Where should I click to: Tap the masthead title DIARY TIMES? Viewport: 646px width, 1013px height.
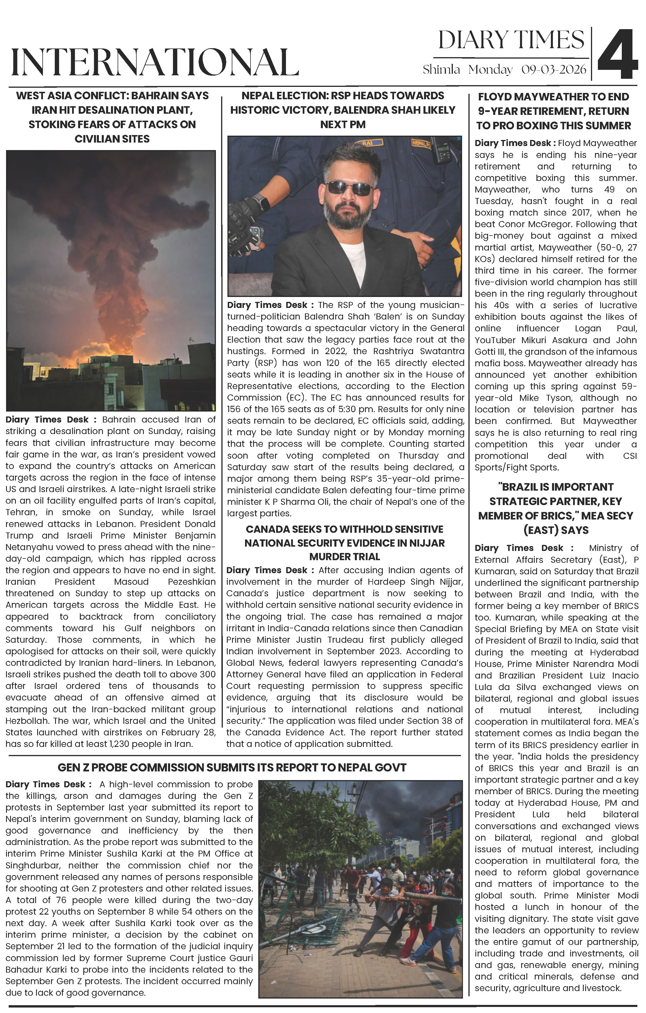(x=511, y=40)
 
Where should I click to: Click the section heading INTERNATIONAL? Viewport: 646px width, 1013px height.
(x=155, y=62)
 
